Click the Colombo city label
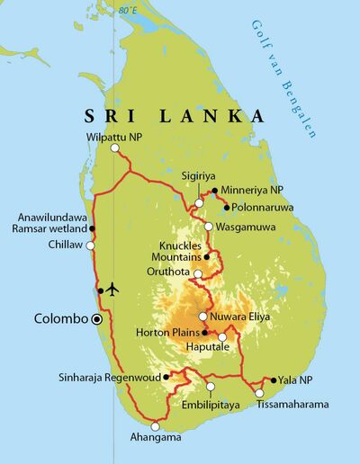[61, 319]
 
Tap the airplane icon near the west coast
[112, 289]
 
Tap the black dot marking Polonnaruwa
[226, 207]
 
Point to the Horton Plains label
[167, 334]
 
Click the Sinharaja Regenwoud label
[110, 379]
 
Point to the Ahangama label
[154, 438]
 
